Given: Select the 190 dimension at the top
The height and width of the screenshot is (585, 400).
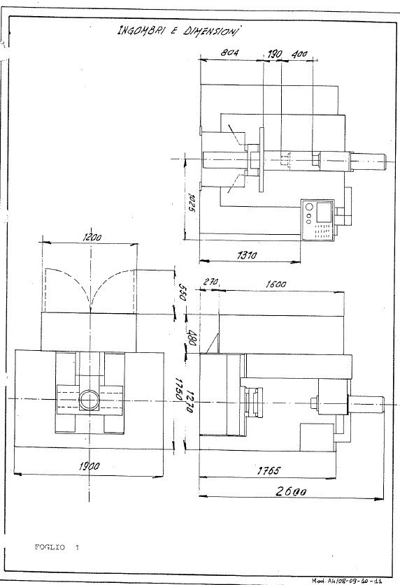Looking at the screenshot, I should tap(274, 53).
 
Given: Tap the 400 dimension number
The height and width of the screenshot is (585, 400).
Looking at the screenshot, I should tap(300, 53).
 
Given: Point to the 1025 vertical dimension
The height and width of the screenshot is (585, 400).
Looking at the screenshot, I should tap(190, 208).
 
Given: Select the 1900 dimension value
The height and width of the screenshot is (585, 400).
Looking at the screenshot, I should tap(89, 465).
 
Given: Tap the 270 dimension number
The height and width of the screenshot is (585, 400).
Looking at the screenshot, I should tap(211, 282).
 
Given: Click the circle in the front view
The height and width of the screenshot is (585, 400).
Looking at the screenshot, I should tap(89, 400).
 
